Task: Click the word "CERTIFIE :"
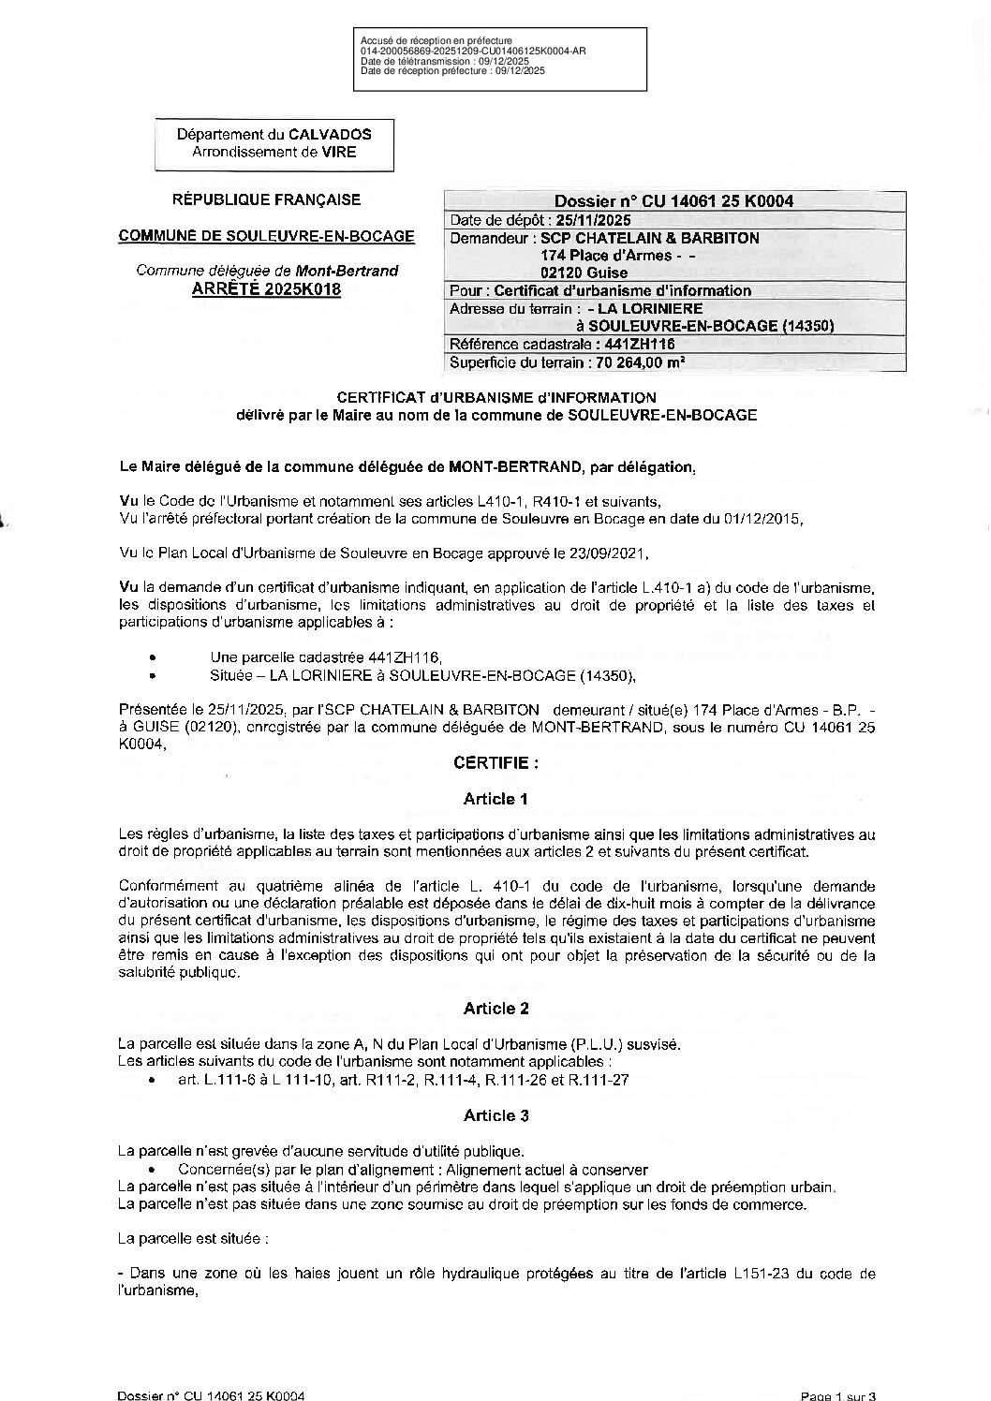click(495, 762)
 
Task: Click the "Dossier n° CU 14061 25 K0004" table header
click(673, 201)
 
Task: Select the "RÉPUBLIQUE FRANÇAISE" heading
click(266, 199)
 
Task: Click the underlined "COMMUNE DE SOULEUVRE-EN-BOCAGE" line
click(266, 236)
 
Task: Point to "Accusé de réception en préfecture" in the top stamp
click(436, 41)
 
